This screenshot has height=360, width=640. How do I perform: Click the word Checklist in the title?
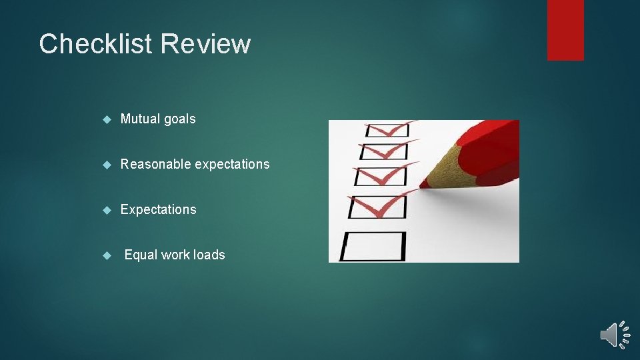(x=97, y=44)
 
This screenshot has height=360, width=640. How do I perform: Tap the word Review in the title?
(x=206, y=44)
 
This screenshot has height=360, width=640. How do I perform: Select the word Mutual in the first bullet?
(x=140, y=119)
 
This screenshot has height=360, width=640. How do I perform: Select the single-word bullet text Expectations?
(x=159, y=209)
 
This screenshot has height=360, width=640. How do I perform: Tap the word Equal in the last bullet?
(x=141, y=255)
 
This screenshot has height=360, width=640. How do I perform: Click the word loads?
(x=209, y=255)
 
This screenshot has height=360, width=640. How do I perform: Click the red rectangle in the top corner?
(x=565, y=30)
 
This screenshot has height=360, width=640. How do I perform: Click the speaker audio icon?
(x=614, y=334)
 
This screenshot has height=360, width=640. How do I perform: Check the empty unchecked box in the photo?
(x=373, y=245)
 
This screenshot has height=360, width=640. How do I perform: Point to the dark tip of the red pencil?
(x=423, y=184)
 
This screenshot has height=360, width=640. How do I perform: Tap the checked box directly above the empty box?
(x=377, y=207)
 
